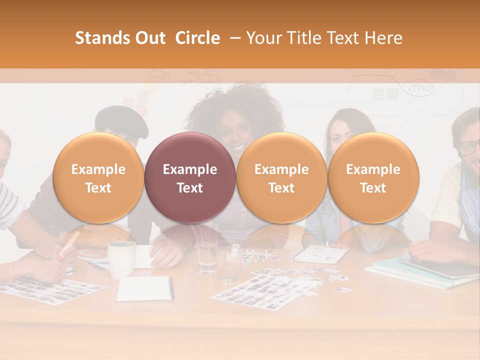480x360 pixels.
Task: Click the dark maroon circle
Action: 189,178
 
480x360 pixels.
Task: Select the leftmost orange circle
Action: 98,178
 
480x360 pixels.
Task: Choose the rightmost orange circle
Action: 373,178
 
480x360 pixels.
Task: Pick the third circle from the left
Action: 281,178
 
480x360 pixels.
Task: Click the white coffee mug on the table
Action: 121,259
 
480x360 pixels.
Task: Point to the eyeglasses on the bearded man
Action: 469,147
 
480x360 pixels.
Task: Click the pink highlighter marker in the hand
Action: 68,244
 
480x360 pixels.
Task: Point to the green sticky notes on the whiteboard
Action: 385,93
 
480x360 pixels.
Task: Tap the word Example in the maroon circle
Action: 189,169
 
